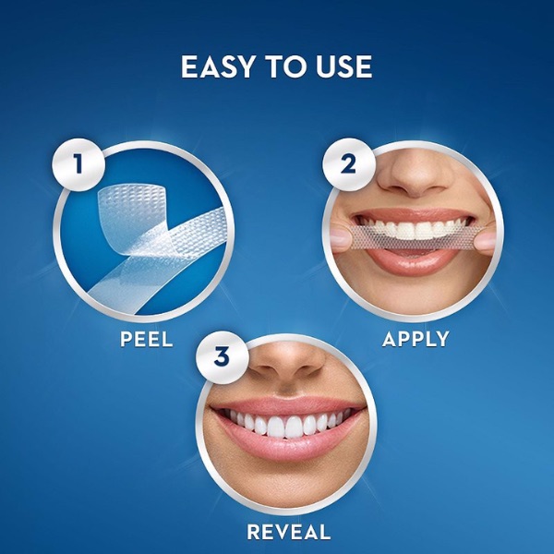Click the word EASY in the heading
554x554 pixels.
pos(218,66)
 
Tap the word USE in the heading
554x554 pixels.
pos(343,66)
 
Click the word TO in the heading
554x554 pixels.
pos(285,66)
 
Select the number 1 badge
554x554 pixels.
pos(78,164)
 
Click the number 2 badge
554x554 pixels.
pos(348,164)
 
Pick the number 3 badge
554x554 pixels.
pos(223,356)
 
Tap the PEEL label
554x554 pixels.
pos(146,339)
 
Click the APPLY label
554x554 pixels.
pos(415,339)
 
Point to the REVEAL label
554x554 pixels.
pos(289,532)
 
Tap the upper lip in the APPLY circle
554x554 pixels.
pos(414,214)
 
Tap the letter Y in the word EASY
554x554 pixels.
pos(245,66)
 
